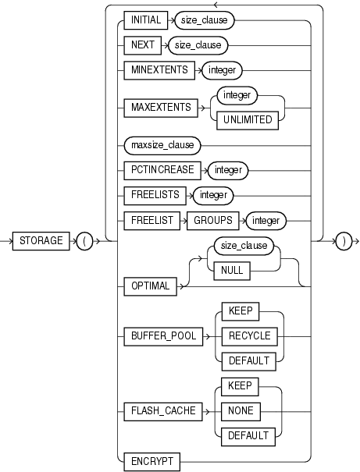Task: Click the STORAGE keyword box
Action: (x=41, y=242)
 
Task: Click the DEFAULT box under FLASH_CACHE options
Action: (x=246, y=435)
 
